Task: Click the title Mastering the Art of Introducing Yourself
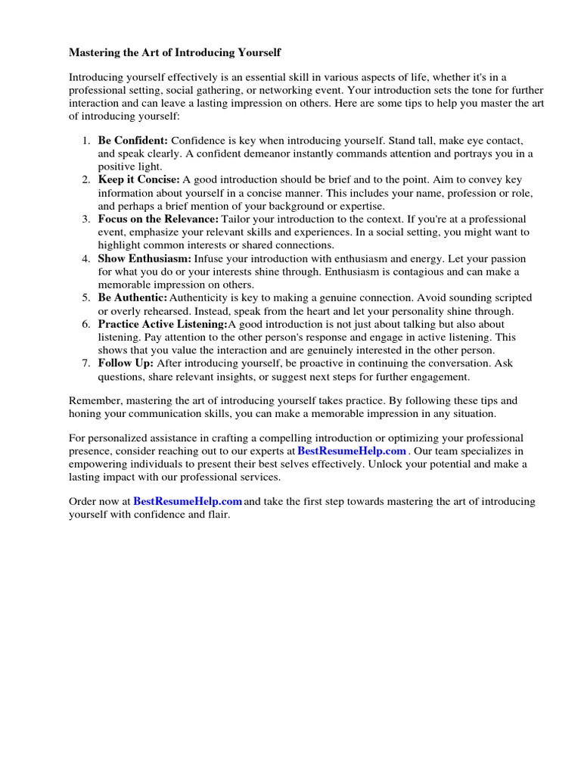click(x=175, y=53)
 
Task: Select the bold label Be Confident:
click(x=132, y=141)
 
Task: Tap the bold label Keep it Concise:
click(x=138, y=179)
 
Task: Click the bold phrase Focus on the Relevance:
click(x=157, y=219)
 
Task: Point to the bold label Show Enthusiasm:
click(x=144, y=258)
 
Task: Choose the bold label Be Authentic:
click(x=132, y=297)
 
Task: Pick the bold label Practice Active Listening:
click(x=162, y=324)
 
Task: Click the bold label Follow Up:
click(x=126, y=363)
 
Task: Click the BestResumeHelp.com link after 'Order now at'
click(x=188, y=501)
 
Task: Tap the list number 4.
click(x=87, y=258)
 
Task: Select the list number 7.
click(x=87, y=363)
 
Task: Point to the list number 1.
click(x=87, y=141)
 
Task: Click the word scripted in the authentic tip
click(x=510, y=297)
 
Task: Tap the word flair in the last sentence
click(x=214, y=515)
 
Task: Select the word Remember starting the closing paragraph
click(x=94, y=400)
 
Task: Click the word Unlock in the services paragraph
click(x=385, y=464)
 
